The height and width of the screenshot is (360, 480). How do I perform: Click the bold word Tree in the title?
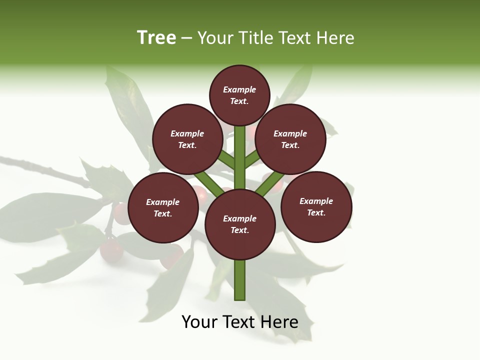(x=156, y=38)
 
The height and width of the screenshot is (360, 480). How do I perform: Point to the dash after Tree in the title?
(x=186, y=38)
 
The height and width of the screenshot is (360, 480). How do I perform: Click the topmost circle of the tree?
(x=239, y=95)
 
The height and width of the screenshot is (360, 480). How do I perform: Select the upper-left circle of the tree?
(x=187, y=139)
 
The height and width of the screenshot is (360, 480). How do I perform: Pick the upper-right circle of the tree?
(x=290, y=139)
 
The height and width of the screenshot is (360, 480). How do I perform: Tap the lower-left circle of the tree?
(x=163, y=207)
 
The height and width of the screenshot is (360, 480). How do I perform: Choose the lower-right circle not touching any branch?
(x=316, y=206)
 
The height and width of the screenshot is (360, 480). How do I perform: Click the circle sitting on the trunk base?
(x=240, y=224)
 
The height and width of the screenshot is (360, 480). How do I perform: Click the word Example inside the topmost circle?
(x=239, y=89)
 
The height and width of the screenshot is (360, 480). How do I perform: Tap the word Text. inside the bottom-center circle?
(x=239, y=230)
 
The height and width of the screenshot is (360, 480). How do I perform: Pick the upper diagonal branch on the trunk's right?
(x=252, y=159)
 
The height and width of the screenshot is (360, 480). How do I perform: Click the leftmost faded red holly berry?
(x=111, y=250)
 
